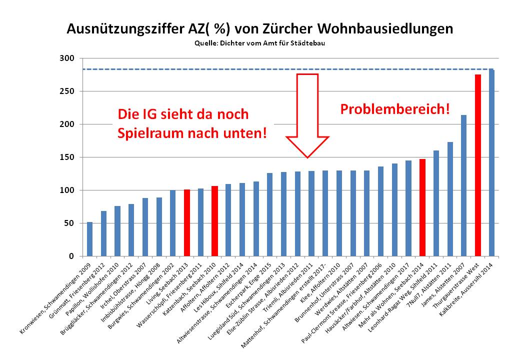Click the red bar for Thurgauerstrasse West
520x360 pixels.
pyautogui.click(x=477, y=165)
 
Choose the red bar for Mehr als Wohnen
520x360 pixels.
pyautogui.click(x=422, y=207)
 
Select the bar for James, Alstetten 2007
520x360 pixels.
pyautogui.click(x=463, y=185)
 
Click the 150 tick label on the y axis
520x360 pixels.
pyautogui.click(x=67, y=157)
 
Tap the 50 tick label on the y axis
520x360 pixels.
pyautogui.click(x=69, y=223)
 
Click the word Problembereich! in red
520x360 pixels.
pyautogui.click(x=395, y=109)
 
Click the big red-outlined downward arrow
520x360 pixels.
pyautogui.click(x=307, y=115)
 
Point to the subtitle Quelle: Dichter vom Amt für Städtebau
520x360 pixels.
pyautogui.click(x=260, y=43)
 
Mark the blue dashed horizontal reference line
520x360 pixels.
pyautogui.click(x=280, y=69)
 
